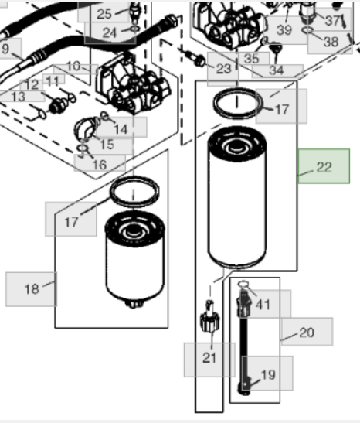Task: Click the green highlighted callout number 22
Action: click(324, 167)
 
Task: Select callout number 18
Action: click(32, 289)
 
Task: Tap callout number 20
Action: click(307, 333)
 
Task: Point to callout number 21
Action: click(209, 358)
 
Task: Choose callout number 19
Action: click(268, 375)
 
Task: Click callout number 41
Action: click(263, 305)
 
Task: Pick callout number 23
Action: click(224, 69)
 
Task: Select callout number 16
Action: click(100, 165)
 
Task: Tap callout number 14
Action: click(121, 129)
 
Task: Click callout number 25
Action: click(104, 14)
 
